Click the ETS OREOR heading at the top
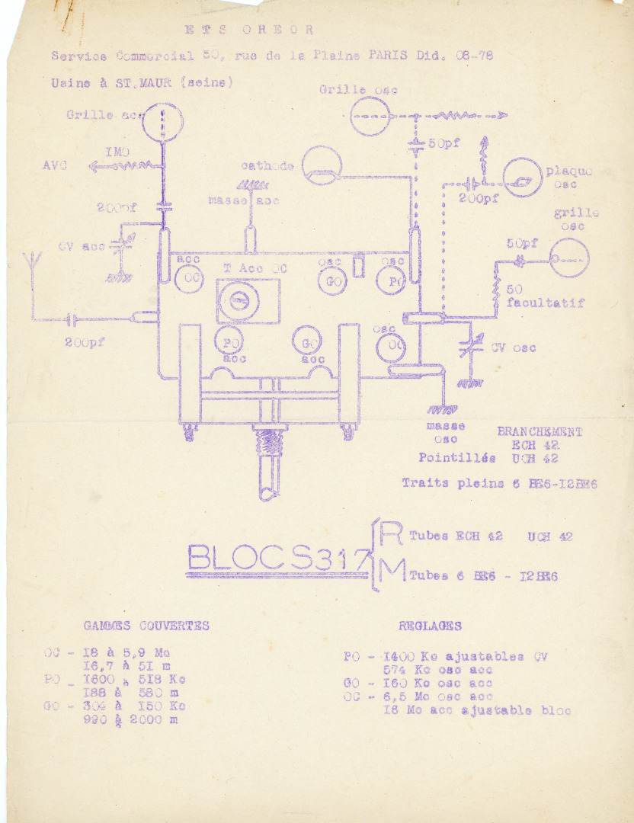pyautogui.click(x=249, y=30)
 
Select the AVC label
pyautogui.click(x=55, y=165)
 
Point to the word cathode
pyautogui.click(x=267, y=166)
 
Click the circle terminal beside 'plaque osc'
pyautogui.click(x=523, y=178)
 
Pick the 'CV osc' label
pyautogui.click(x=513, y=348)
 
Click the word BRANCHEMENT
pyautogui.click(x=540, y=432)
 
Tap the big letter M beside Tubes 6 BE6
pyautogui.click(x=391, y=574)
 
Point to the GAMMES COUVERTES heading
pyautogui.click(x=146, y=626)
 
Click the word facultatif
pyautogui.click(x=546, y=303)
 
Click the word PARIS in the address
pyautogui.click(x=388, y=56)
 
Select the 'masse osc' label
pyautogui.click(x=446, y=432)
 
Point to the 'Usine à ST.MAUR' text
pyautogui.click(x=141, y=83)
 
